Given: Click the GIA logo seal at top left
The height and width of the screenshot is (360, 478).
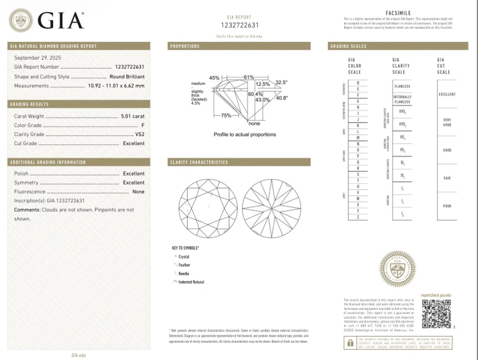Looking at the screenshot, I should pos(21,21).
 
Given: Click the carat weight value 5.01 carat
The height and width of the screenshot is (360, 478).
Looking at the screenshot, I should pos(133,116).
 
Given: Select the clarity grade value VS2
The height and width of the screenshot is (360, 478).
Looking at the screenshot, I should pos(140,134).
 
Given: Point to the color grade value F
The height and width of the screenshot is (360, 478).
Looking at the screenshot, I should pos(143,125).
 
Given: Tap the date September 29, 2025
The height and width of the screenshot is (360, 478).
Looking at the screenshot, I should pos(38,57).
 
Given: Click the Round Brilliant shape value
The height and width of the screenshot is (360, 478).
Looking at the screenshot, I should pos(127,76).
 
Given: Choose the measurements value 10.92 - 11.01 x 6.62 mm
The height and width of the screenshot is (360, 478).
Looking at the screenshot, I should pos(117,86).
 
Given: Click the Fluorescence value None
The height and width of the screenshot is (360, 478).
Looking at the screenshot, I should pos(138,192).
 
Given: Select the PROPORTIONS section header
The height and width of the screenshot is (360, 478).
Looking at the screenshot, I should pos(185,46).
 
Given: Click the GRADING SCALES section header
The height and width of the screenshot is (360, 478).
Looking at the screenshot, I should pos(348,46).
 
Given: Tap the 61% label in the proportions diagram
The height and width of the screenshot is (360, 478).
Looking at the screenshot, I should pos(249,77).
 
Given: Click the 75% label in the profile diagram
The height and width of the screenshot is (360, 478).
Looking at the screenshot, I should pos(226,115).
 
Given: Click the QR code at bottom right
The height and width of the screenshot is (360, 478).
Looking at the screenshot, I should pos(436,313).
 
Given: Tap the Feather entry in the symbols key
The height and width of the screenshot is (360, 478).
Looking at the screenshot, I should pos(184,264).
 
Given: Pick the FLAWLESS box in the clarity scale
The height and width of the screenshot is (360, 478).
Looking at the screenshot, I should pos(402,86).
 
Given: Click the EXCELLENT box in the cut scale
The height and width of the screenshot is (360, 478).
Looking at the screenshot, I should pos(447,94).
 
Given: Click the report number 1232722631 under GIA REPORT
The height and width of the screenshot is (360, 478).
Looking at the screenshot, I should pos(239,25).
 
